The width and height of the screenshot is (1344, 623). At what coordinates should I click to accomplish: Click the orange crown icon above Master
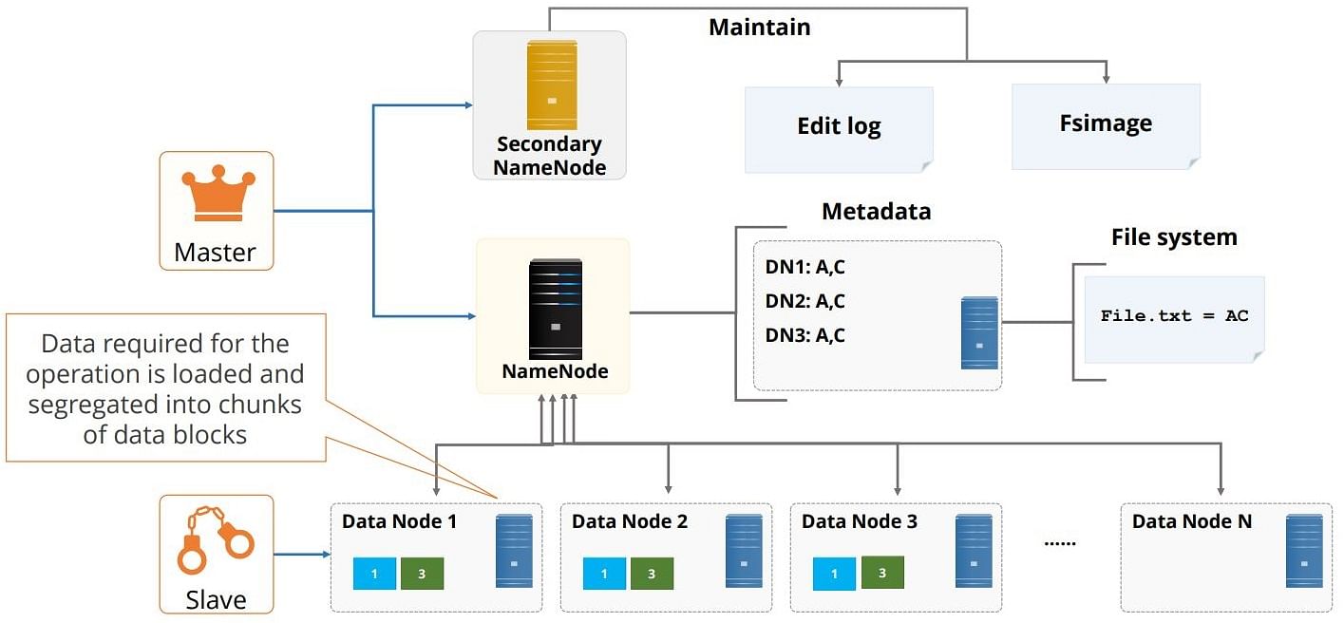[x=218, y=193]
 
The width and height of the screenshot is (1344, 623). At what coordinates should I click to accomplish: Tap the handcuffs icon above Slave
[x=216, y=539]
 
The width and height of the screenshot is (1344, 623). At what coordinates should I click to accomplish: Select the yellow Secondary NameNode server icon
[x=552, y=85]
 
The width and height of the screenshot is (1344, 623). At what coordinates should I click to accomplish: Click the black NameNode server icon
[x=555, y=309]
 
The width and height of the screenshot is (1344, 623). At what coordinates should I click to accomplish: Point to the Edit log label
[x=839, y=126]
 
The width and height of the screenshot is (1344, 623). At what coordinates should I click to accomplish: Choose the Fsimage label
[x=1106, y=123]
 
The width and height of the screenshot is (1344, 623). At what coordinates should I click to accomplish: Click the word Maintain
[x=760, y=27]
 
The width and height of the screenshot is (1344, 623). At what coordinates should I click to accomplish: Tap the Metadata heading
[x=876, y=211]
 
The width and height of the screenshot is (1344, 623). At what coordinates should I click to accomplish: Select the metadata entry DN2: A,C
[x=805, y=301]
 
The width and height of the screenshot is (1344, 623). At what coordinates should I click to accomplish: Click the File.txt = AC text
[x=1174, y=315]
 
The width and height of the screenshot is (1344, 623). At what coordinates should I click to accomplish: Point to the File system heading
[x=1174, y=237]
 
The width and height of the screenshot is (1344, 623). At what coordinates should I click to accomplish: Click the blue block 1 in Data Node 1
[x=374, y=574]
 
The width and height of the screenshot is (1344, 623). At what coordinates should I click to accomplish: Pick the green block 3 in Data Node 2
[x=652, y=574]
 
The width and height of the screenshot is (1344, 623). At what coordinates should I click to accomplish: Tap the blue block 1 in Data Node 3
[x=834, y=574]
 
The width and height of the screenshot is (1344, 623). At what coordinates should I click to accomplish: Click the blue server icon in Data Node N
[x=1304, y=551]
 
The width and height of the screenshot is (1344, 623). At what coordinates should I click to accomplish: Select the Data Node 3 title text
[x=860, y=521]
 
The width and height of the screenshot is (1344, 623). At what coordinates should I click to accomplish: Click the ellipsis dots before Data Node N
[x=1060, y=543]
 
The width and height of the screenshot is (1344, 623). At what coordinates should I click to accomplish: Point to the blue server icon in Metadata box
[x=979, y=332]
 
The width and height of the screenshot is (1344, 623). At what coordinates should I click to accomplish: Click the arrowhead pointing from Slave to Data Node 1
[x=327, y=554]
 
